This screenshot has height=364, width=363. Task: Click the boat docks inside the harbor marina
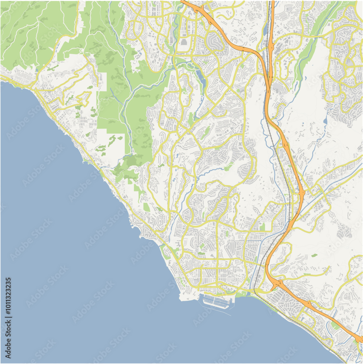point(217,301)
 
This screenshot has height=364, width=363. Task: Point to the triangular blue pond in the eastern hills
point(325,120)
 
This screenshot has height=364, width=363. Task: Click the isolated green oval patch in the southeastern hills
point(314,256)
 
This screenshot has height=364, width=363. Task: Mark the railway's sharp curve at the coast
point(256,289)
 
